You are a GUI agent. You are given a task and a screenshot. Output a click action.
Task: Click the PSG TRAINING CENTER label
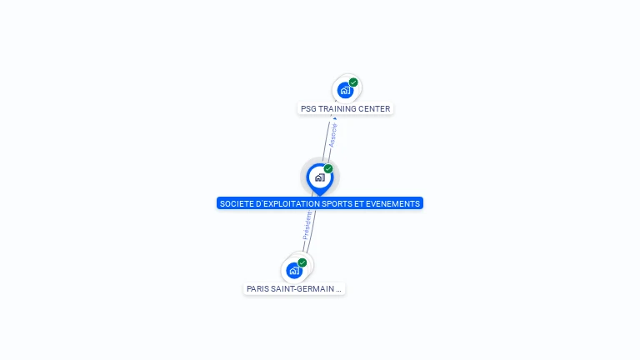[344, 108]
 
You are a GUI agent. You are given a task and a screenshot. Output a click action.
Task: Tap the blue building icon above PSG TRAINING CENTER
[345, 90]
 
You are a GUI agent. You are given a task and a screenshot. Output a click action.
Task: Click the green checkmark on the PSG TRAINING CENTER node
[353, 82]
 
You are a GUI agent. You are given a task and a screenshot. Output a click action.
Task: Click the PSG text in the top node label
[309, 108]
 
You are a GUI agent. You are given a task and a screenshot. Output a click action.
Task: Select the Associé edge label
[332, 136]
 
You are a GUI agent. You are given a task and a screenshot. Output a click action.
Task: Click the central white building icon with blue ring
[319, 177]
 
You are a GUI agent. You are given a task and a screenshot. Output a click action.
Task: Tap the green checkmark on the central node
[328, 169]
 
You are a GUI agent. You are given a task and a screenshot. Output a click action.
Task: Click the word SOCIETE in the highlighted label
[235, 203]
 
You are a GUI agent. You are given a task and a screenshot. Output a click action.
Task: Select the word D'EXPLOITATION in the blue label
[286, 203]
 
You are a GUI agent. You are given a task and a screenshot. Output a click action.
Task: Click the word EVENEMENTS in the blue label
[392, 203]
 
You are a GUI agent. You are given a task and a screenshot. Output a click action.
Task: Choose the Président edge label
[307, 226]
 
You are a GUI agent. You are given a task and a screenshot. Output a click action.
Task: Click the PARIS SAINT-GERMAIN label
[294, 288]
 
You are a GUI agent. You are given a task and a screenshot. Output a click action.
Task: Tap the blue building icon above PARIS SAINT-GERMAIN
[293, 270]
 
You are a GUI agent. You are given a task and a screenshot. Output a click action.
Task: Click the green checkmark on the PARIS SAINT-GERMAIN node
[302, 262]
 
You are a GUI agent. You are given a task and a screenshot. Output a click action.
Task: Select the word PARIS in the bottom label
[258, 288]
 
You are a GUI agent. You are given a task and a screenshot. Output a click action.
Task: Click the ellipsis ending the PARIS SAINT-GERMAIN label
[338, 289]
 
